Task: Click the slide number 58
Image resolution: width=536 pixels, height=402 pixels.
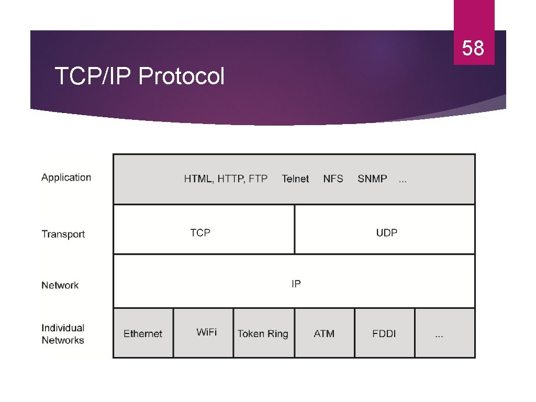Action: pyautogui.click(x=473, y=49)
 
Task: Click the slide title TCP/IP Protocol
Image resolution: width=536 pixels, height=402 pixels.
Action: pyautogui.click(x=140, y=77)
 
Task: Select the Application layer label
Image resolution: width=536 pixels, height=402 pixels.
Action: pyautogui.click(x=66, y=177)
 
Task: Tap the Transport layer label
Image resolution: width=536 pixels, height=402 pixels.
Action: pyautogui.click(x=63, y=234)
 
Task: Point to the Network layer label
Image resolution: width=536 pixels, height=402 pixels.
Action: pyautogui.click(x=60, y=285)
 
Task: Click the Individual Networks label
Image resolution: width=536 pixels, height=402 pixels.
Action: pyautogui.click(x=63, y=334)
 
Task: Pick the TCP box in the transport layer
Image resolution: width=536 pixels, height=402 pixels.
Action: pyautogui.click(x=204, y=230)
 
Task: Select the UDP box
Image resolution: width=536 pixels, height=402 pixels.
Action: pyautogui.click(x=385, y=230)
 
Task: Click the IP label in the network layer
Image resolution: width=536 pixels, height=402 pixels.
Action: pyautogui.click(x=296, y=284)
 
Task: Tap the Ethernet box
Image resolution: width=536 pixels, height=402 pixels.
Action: pyautogui.click(x=143, y=333)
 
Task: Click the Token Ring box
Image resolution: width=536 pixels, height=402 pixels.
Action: pyautogui.click(x=263, y=333)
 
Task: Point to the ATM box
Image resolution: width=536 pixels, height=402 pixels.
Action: pyautogui.click(x=324, y=333)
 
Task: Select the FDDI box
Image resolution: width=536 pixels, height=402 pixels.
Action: pyautogui.click(x=384, y=333)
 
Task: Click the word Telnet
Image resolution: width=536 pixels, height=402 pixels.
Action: pyautogui.click(x=295, y=179)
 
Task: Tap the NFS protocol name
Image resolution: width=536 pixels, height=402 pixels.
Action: pyautogui.click(x=333, y=179)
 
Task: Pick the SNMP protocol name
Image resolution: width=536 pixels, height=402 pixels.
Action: pyautogui.click(x=372, y=179)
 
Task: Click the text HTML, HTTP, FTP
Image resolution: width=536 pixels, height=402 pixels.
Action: pyautogui.click(x=226, y=179)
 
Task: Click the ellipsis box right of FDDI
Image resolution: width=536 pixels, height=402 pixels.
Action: pyautogui.click(x=444, y=333)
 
